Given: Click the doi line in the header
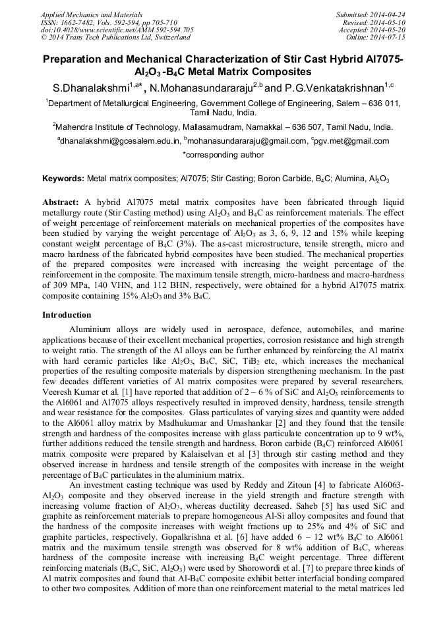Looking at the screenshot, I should (117, 30).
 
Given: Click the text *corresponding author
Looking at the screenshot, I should (223, 155).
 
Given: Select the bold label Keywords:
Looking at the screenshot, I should (63, 179).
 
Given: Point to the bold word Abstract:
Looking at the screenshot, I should (61, 202).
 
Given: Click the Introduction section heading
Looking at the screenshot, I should (67, 315).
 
